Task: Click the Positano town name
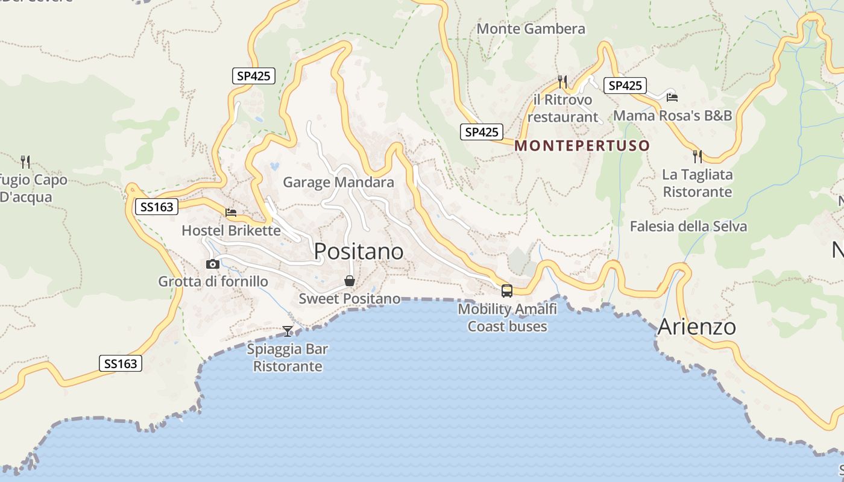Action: (x=359, y=251)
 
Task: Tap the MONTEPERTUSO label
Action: (x=582, y=145)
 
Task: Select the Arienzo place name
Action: (x=696, y=327)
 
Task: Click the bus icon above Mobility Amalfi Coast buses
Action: (x=507, y=291)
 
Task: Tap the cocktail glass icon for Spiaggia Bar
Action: (x=288, y=331)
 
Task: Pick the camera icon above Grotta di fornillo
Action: (x=213, y=264)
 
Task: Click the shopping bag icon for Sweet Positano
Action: (x=349, y=281)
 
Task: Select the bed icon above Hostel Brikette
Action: (x=231, y=213)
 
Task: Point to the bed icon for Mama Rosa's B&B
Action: (x=672, y=97)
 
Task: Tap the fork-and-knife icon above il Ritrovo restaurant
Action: (x=562, y=81)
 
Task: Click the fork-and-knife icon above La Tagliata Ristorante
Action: (x=698, y=157)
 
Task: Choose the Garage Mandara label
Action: (x=338, y=182)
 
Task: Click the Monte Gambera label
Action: (x=531, y=28)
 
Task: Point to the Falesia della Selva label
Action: (x=688, y=227)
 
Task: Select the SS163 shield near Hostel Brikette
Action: (x=156, y=207)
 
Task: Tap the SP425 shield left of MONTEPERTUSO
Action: (x=482, y=132)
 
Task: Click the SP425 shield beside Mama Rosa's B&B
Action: (x=625, y=86)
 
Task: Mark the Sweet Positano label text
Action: (x=350, y=298)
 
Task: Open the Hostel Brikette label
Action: (x=231, y=230)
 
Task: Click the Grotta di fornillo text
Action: (x=213, y=281)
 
